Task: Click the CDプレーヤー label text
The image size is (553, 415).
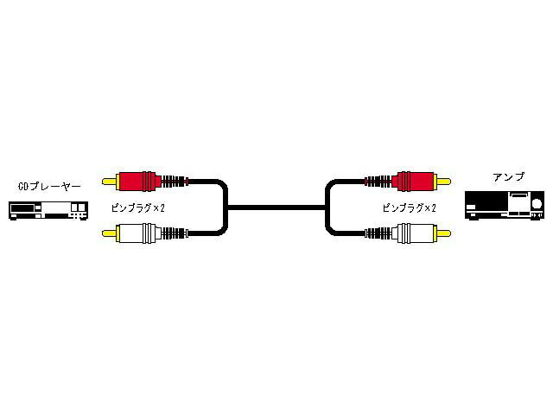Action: click(49, 186)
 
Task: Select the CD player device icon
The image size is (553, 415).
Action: click(49, 210)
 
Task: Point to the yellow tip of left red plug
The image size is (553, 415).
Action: click(109, 182)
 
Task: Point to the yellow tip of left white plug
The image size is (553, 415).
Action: click(109, 233)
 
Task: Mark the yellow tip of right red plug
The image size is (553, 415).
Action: click(442, 182)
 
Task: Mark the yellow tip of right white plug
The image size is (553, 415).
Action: click(442, 233)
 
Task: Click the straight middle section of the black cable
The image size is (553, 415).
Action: click(276, 207)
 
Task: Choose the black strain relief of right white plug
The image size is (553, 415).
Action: click(378, 233)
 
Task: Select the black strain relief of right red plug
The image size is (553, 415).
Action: click(378, 182)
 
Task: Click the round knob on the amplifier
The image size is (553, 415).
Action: click(537, 206)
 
